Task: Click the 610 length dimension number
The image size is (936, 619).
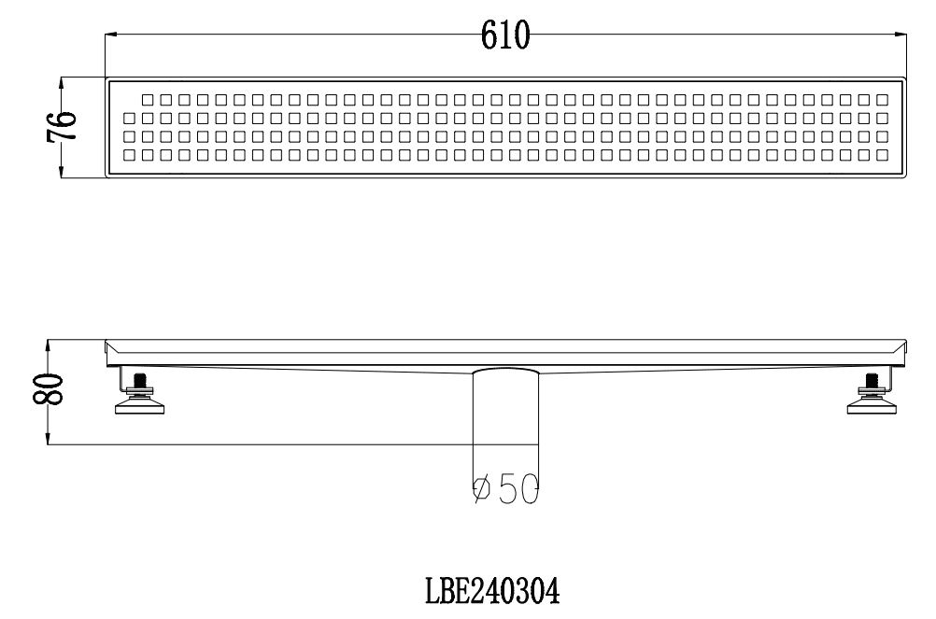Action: [505, 35]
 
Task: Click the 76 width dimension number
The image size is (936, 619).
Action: [62, 126]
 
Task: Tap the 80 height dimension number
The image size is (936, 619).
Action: [48, 389]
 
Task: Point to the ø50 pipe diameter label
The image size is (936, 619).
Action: [505, 489]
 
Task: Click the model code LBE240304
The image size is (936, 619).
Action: [492, 592]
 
